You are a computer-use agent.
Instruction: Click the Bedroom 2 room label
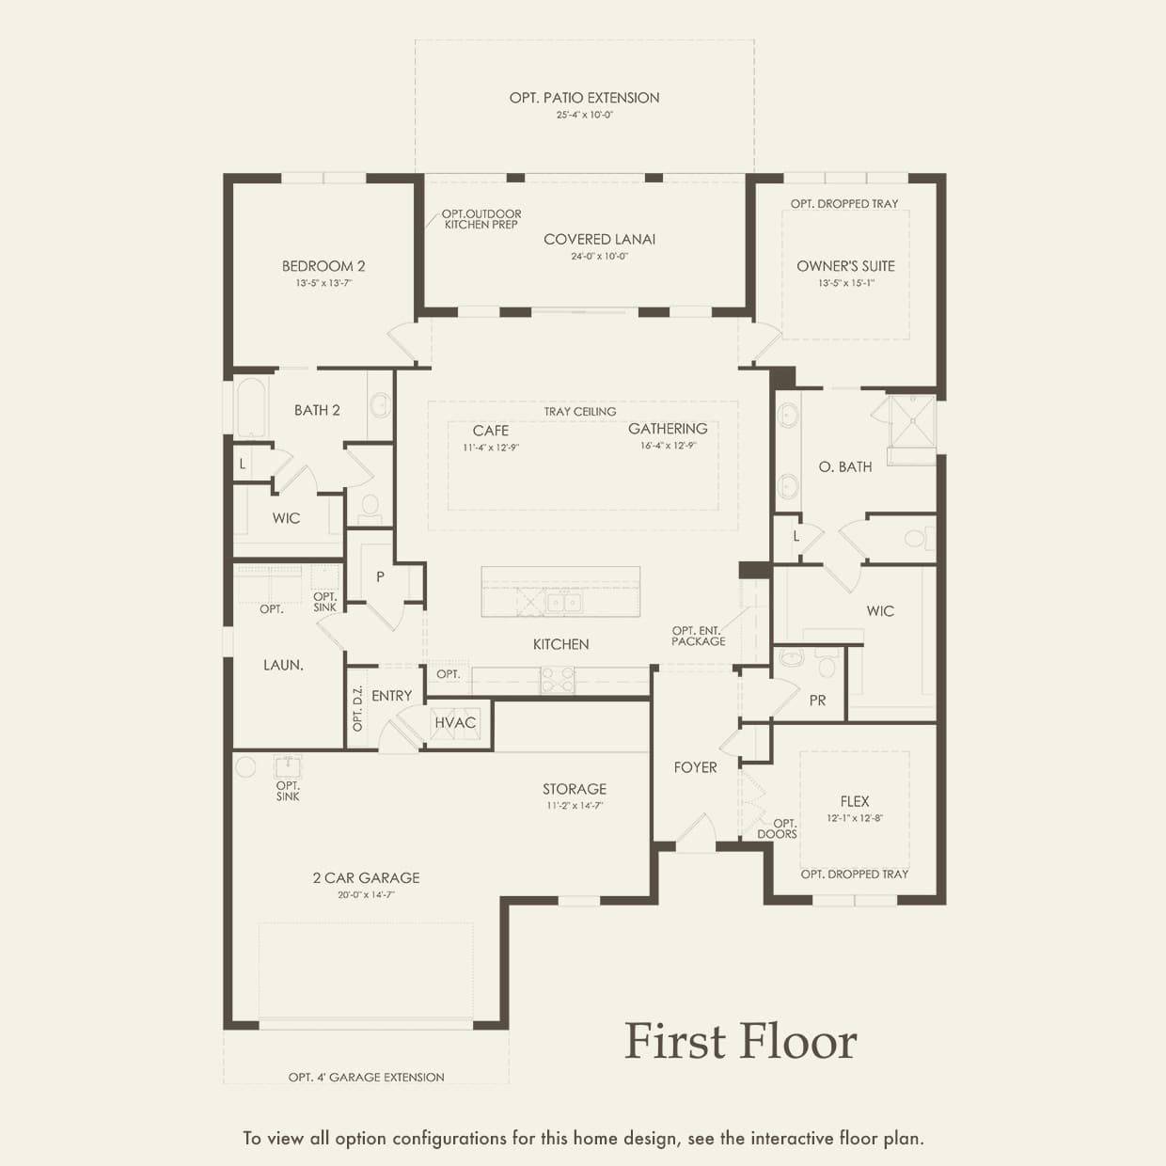tap(323, 266)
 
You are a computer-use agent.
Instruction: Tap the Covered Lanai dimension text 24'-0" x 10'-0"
tap(599, 257)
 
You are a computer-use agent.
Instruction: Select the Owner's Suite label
tap(845, 266)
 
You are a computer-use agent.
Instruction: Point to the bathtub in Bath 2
tap(251, 406)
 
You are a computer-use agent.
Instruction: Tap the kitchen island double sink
tap(563, 602)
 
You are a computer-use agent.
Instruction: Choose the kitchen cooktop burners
tap(557, 680)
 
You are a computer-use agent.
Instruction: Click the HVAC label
tap(455, 722)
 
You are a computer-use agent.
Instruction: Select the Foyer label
tap(695, 767)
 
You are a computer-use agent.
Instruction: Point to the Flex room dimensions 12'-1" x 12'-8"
tap(855, 818)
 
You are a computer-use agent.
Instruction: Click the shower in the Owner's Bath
tap(912, 421)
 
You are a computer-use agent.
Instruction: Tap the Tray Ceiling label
tap(579, 412)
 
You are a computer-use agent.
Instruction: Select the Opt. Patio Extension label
tap(585, 98)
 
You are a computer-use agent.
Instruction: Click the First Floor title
tap(741, 1041)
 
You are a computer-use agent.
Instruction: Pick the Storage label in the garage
tap(575, 789)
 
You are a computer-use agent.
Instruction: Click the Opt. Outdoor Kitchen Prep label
tap(481, 219)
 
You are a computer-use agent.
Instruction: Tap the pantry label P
tap(380, 576)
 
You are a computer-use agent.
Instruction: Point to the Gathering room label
tap(668, 429)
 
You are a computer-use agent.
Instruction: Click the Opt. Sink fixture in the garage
tap(288, 766)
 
